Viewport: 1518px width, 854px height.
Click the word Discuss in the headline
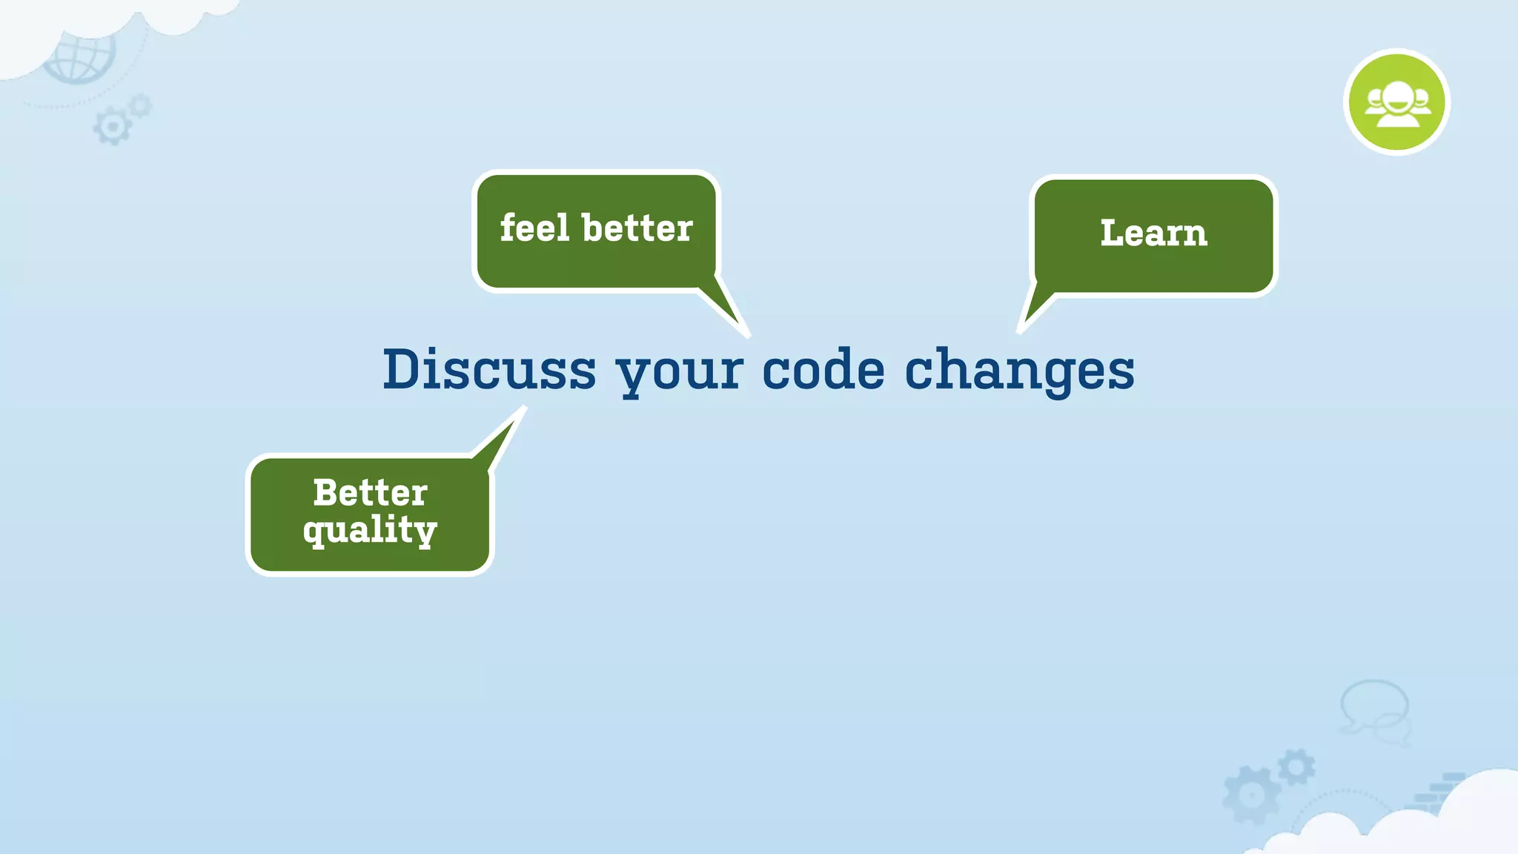pos(489,369)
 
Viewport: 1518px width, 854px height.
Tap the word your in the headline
pos(679,371)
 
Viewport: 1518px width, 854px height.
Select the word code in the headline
pos(823,369)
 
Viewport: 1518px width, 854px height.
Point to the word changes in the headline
pos(1019,371)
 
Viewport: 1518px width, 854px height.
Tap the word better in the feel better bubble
pos(637,228)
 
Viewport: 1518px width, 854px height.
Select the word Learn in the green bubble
pos(1153,233)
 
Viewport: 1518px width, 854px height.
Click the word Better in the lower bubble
pos(370,493)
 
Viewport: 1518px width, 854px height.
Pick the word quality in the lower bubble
pos(370,530)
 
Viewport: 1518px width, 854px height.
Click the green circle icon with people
pos(1396,102)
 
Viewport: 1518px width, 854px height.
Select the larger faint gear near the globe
pos(112,127)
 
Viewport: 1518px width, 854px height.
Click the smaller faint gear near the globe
pos(139,106)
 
